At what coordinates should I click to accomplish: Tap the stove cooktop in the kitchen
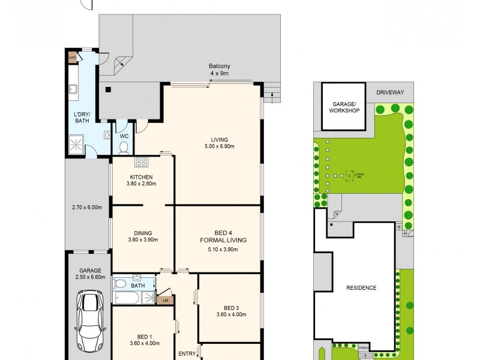pos(142,161)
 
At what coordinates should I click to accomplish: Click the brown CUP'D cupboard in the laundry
pos(72,58)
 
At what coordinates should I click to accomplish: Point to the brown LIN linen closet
pos(165,299)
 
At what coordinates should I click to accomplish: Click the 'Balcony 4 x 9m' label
pos(220,70)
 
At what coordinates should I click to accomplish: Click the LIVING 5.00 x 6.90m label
pos(218,142)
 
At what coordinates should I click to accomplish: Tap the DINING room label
pos(143,236)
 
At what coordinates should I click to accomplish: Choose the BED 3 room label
pos(231,310)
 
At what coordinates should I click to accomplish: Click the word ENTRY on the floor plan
pos(187,354)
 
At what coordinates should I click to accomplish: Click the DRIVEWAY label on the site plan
pos(390,92)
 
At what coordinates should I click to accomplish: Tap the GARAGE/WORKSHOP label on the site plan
pos(345,107)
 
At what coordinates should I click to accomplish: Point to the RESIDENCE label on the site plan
pos(361,288)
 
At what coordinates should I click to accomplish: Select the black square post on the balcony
pos(108,91)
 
